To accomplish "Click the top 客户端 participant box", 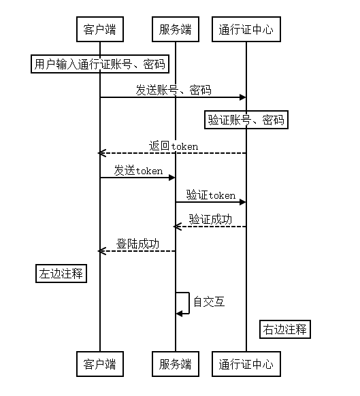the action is [x=100, y=29].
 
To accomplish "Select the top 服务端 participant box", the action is [x=176, y=29].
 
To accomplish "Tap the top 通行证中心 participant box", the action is [x=246, y=29].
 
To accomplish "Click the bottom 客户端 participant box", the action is [x=100, y=364].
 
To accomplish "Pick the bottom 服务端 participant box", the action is [x=176, y=364].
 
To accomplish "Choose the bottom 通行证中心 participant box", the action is [x=246, y=364].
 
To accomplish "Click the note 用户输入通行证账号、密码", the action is [x=100, y=64].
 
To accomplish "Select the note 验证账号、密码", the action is [x=246, y=120].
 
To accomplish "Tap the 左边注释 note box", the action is [x=61, y=274].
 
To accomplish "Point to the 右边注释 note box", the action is [x=285, y=329].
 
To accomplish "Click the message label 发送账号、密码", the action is [x=174, y=90].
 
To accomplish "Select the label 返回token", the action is [x=174, y=146].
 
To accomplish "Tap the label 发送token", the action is [x=138, y=171].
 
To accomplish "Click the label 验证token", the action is [x=211, y=195].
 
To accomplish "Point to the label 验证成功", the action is [x=210, y=220].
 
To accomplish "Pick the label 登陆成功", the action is [x=137, y=244].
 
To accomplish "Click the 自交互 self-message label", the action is [x=209, y=302].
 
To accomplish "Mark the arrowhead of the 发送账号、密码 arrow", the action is [x=243, y=97].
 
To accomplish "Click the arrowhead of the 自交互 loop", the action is [x=179, y=314].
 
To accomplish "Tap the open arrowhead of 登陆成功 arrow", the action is [x=101, y=251].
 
